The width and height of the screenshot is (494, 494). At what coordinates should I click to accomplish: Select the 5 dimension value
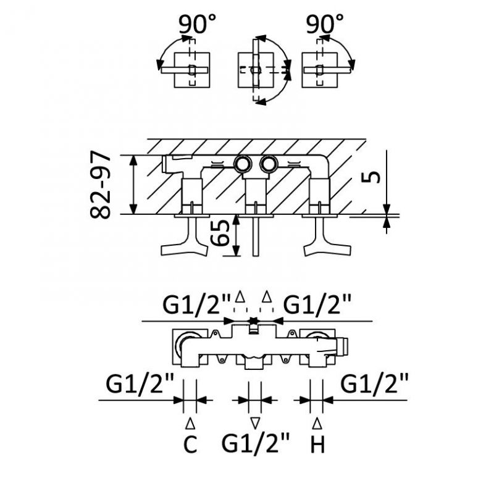pyautogui.click(x=369, y=177)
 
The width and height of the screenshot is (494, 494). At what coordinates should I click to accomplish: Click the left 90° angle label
pyautogui.click(x=198, y=25)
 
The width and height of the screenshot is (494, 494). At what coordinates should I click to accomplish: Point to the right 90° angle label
pyautogui.click(x=325, y=25)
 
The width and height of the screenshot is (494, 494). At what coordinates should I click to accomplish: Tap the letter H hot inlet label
pyautogui.click(x=317, y=444)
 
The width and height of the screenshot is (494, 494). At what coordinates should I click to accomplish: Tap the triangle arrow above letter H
pyautogui.click(x=317, y=424)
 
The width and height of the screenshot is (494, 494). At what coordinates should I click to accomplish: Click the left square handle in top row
pyautogui.click(x=191, y=70)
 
